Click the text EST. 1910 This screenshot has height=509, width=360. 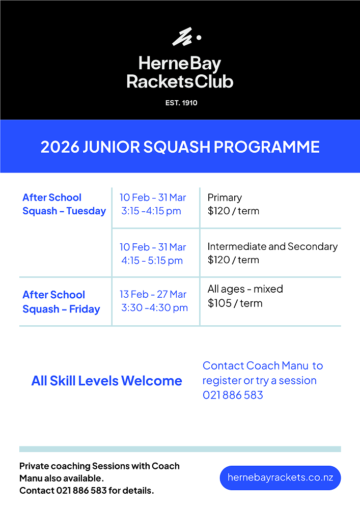[x=181, y=103]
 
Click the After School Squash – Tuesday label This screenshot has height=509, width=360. [x=64, y=204]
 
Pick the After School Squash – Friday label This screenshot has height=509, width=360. [x=61, y=302]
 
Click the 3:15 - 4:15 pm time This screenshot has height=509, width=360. [x=151, y=211]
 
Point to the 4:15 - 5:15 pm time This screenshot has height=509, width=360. [x=152, y=261]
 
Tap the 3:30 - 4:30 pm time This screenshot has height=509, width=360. [x=154, y=307]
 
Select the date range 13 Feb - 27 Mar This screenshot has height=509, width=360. [x=153, y=294]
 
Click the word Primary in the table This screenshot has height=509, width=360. [x=225, y=197]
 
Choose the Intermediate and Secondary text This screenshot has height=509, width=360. [x=272, y=246]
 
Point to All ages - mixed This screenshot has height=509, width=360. [x=245, y=289]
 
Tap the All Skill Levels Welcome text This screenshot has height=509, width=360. [x=106, y=381]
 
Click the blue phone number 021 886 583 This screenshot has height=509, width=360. [x=233, y=395]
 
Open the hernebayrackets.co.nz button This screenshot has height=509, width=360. [x=280, y=478]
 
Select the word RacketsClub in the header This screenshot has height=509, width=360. [x=180, y=81]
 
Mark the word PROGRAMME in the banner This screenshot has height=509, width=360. [x=267, y=147]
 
